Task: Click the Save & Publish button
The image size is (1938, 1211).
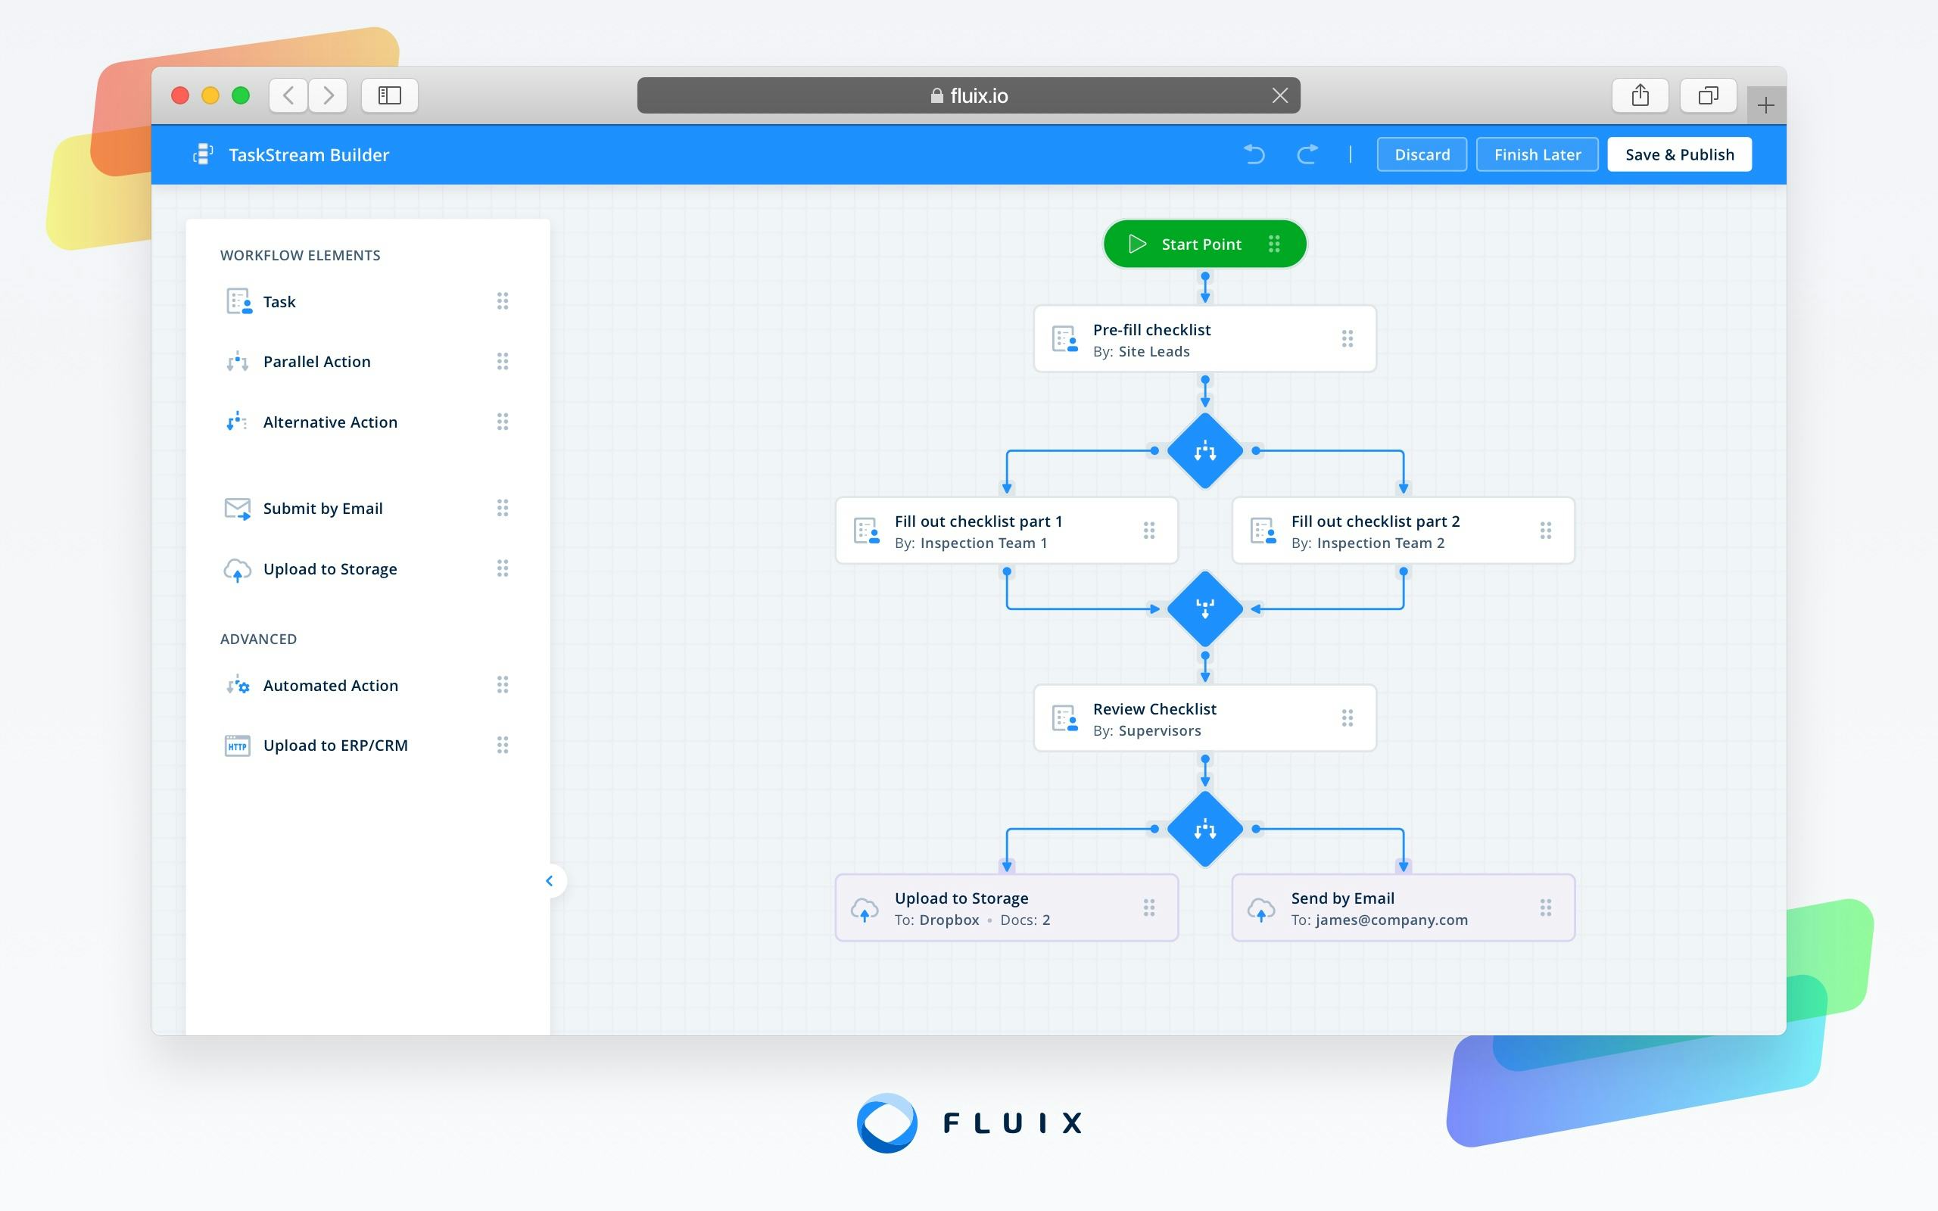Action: tap(1678, 154)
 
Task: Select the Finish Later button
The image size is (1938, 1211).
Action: tap(1537, 154)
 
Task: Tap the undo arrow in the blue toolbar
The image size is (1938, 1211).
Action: tap(1254, 154)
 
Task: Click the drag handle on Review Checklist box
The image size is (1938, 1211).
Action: tap(1347, 718)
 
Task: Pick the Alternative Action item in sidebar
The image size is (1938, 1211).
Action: tap(330, 422)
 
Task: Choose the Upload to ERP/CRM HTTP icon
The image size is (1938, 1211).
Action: tap(237, 746)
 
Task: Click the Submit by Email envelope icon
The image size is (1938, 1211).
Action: tap(237, 509)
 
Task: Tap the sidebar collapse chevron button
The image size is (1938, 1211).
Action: tap(550, 881)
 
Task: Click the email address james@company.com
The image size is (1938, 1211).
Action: tap(1391, 920)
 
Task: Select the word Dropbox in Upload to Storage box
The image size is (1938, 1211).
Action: tap(949, 920)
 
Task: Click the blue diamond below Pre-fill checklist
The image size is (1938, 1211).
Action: tap(1204, 451)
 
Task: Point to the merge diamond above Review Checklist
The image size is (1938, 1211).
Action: tap(1204, 609)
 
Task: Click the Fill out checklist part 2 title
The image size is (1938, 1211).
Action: tap(1375, 521)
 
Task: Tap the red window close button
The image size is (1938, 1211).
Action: tap(180, 96)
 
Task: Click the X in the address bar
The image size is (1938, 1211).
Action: tap(1279, 96)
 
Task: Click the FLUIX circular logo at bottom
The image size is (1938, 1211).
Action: tap(886, 1123)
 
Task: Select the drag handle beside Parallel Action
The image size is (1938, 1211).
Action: tap(502, 361)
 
